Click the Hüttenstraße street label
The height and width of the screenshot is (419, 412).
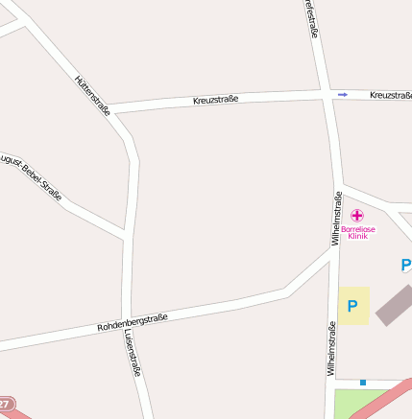point(92,96)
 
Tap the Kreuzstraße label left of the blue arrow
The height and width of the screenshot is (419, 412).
point(215,99)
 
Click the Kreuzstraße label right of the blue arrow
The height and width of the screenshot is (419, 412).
point(389,95)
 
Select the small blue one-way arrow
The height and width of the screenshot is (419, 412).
point(343,94)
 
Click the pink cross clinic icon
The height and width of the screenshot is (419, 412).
point(357,216)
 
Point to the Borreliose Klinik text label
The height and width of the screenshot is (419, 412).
point(358,232)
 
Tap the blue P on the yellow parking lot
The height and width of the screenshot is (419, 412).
point(352,307)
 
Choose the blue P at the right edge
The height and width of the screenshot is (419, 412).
point(406,265)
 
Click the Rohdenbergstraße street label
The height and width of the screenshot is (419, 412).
point(133,322)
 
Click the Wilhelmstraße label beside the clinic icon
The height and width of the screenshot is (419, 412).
point(337,219)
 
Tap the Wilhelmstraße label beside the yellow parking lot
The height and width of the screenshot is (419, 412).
point(331,347)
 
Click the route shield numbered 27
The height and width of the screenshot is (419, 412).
point(7,406)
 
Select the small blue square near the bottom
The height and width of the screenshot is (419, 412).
point(363,382)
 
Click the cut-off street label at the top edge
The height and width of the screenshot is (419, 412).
point(309,19)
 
